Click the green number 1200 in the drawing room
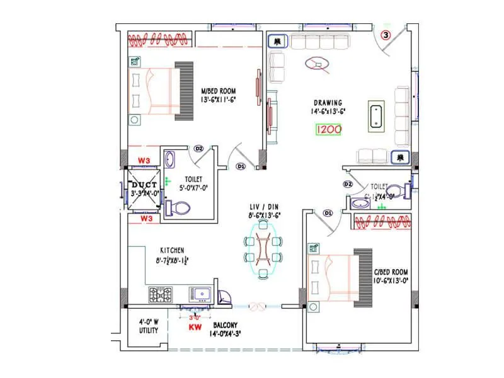329,130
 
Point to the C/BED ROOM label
391,272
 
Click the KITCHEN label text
172,249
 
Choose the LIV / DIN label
264,206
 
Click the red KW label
195,328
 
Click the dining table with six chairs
263,250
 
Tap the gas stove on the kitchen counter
161,293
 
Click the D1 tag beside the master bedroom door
240,166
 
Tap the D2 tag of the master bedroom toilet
198,149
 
